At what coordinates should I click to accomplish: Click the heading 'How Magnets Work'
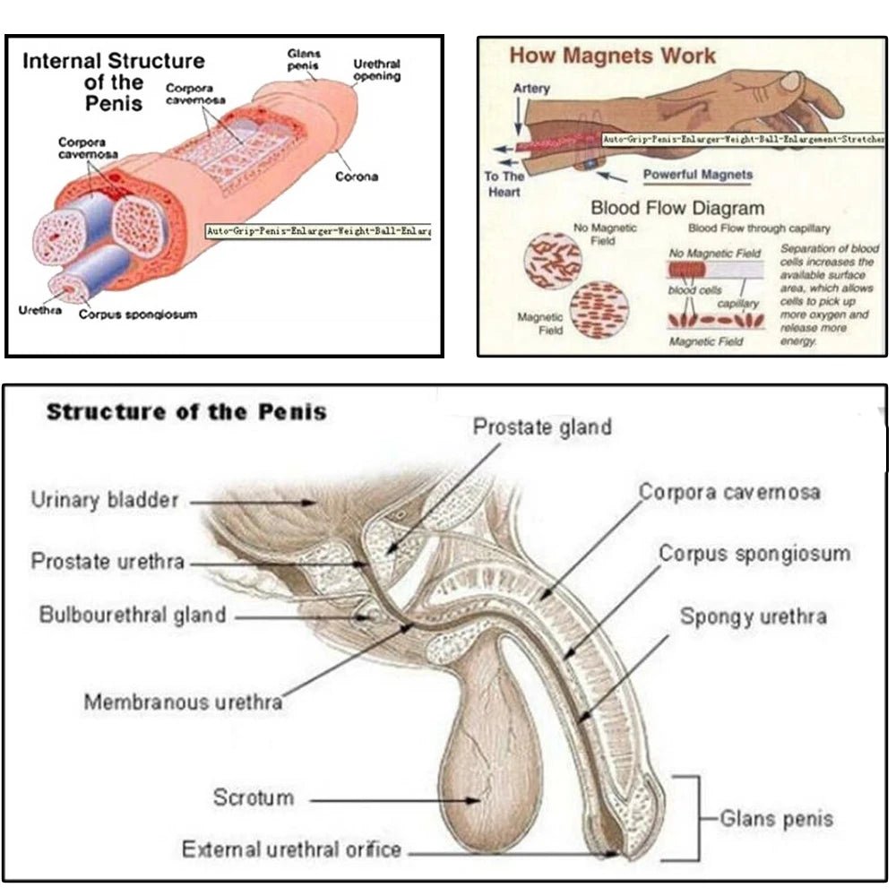tap(613, 56)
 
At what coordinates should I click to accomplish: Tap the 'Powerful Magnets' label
tap(698, 175)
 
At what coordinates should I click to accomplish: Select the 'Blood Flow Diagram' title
tap(677, 209)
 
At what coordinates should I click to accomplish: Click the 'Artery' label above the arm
tap(531, 89)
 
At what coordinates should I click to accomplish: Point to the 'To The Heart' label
tap(504, 184)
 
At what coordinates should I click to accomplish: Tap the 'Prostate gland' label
tap(542, 426)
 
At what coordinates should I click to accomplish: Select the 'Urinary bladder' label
tap(105, 500)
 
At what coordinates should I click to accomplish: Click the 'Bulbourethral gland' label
tap(133, 616)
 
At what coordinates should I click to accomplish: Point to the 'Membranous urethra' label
tap(183, 701)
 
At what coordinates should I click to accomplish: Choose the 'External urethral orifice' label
tap(291, 849)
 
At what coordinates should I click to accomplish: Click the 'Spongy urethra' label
tap(753, 616)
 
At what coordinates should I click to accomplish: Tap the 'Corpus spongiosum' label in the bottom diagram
tap(754, 554)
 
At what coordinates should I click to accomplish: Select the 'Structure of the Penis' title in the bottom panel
tap(186, 412)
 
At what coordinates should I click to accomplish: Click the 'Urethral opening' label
tap(376, 71)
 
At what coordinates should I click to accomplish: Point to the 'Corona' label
tap(357, 177)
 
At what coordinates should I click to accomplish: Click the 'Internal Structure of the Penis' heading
tap(114, 82)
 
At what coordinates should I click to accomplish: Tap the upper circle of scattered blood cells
tap(553, 259)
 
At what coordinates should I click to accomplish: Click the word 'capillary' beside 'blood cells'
tap(740, 305)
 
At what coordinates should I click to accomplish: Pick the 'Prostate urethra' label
tap(108, 562)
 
